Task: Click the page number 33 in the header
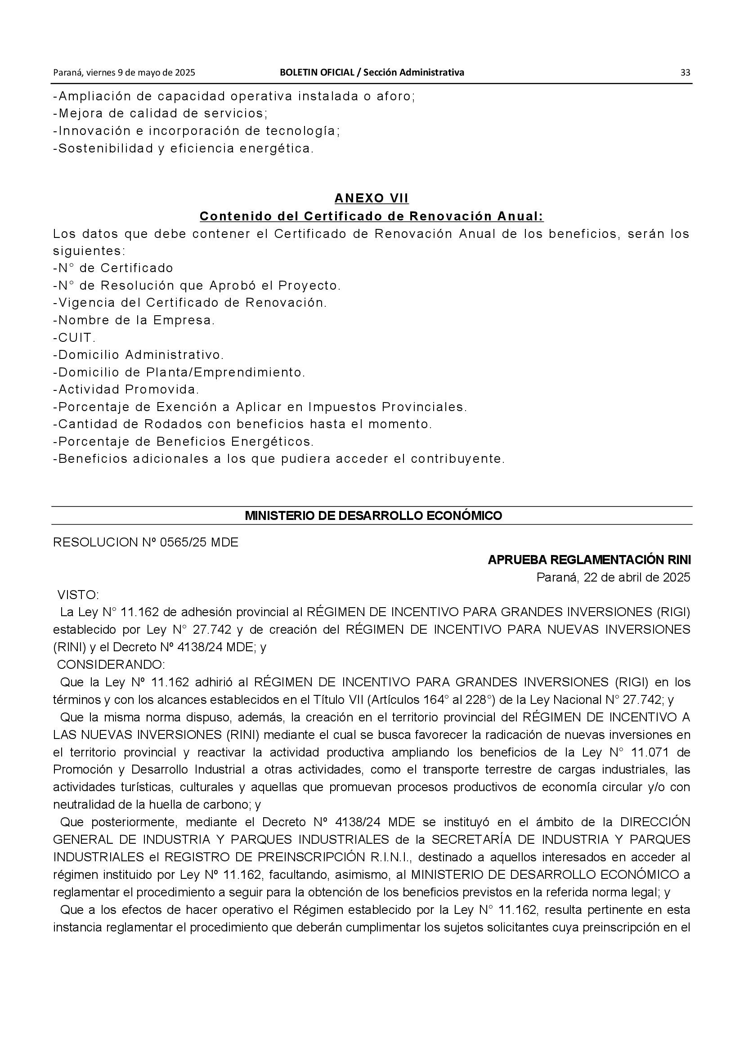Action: pos(685,72)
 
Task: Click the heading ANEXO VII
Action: pos(372,198)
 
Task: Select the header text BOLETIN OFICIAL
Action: pos(317,72)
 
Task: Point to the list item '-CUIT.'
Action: pos(75,338)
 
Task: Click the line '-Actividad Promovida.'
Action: pos(126,389)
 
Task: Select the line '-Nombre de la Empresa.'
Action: pos(134,320)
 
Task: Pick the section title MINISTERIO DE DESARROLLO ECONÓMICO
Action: pos(373,515)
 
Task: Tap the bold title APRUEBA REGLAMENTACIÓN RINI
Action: pos(589,560)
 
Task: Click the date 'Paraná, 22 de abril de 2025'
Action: pos(613,577)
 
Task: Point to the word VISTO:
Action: pos(78,595)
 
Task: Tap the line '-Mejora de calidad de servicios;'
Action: pos(160,113)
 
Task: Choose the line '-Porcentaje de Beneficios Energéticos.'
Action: pos(183,442)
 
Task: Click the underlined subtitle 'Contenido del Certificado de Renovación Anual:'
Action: pos(372,216)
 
